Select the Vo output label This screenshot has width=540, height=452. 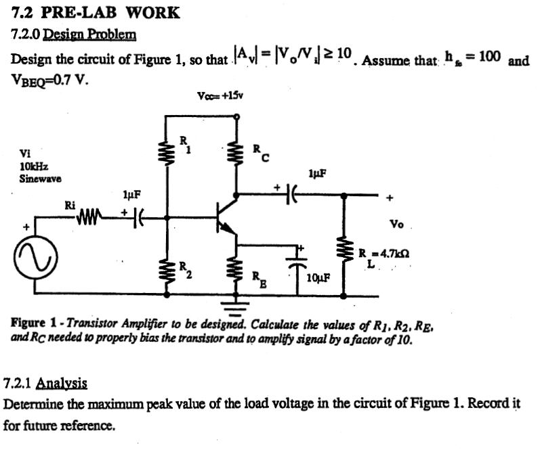tap(397, 223)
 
